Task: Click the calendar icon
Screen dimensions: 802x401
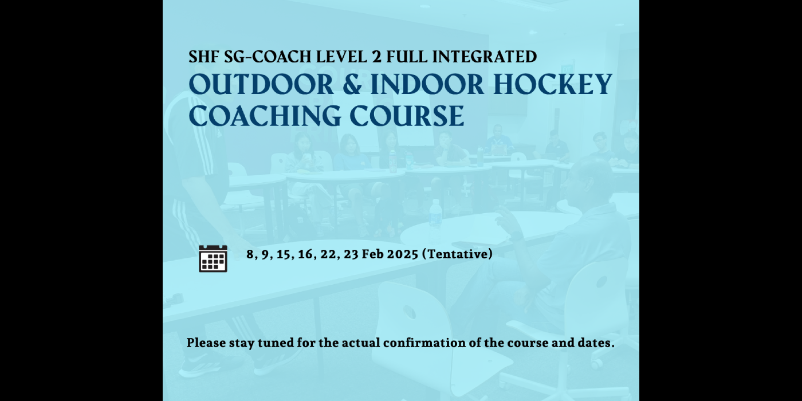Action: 213,258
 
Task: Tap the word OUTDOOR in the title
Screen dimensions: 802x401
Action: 261,85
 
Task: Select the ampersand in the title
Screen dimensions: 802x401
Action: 352,85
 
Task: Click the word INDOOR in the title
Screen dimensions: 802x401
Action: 427,85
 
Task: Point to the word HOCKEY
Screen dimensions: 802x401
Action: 552,85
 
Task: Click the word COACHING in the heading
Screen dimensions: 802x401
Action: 265,116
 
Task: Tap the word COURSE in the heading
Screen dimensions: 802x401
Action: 407,116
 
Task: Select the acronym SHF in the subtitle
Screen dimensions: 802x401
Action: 203,57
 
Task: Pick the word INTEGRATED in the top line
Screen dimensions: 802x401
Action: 485,57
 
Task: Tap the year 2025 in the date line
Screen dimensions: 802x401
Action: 402,254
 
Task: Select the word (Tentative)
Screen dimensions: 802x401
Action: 458,254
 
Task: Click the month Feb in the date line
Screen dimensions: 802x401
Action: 372,254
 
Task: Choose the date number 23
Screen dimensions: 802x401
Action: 351,254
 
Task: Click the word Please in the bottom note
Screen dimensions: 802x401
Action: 206,343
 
